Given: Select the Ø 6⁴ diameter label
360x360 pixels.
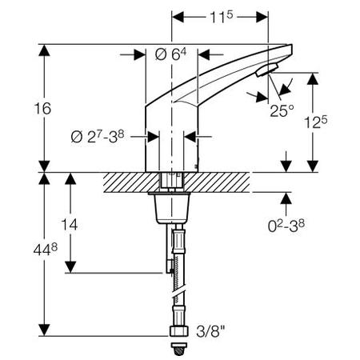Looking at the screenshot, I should point(169,54).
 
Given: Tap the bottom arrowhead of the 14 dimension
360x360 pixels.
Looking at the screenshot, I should point(73,269).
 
